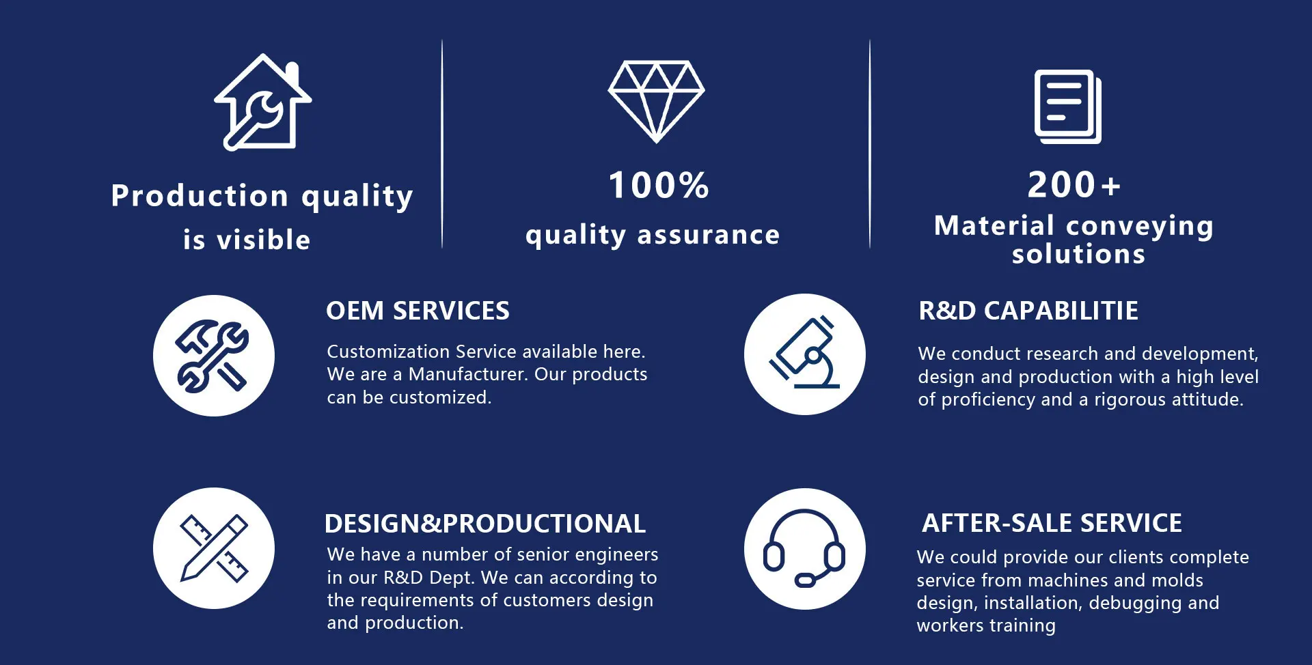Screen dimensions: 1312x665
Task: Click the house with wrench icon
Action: coord(263,102)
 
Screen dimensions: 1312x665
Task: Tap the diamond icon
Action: coord(656,102)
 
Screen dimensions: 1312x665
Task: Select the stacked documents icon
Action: coord(1067,107)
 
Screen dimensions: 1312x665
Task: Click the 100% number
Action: coord(659,185)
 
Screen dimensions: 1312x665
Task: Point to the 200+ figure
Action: coord(1074,184)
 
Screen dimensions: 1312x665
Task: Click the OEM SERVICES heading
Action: coord(418,311)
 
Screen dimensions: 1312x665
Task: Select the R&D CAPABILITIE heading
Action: coord(1028,311)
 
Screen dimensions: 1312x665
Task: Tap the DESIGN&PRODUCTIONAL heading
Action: coord(485,524)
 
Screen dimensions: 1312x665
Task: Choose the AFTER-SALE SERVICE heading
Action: coord(1052,523)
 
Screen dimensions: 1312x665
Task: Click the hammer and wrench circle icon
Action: coord(214,356)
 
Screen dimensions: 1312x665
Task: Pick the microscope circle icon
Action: coord(805,354)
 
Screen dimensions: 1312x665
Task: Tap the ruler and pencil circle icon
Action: coord(214,548)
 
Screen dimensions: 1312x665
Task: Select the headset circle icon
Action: coord(805,549)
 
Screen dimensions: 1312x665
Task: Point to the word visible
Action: coord(264,240)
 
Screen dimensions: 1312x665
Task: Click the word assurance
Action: coord(709,235)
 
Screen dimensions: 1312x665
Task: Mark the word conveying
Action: coord(1140,226)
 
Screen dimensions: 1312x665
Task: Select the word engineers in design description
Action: coord(616,554)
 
